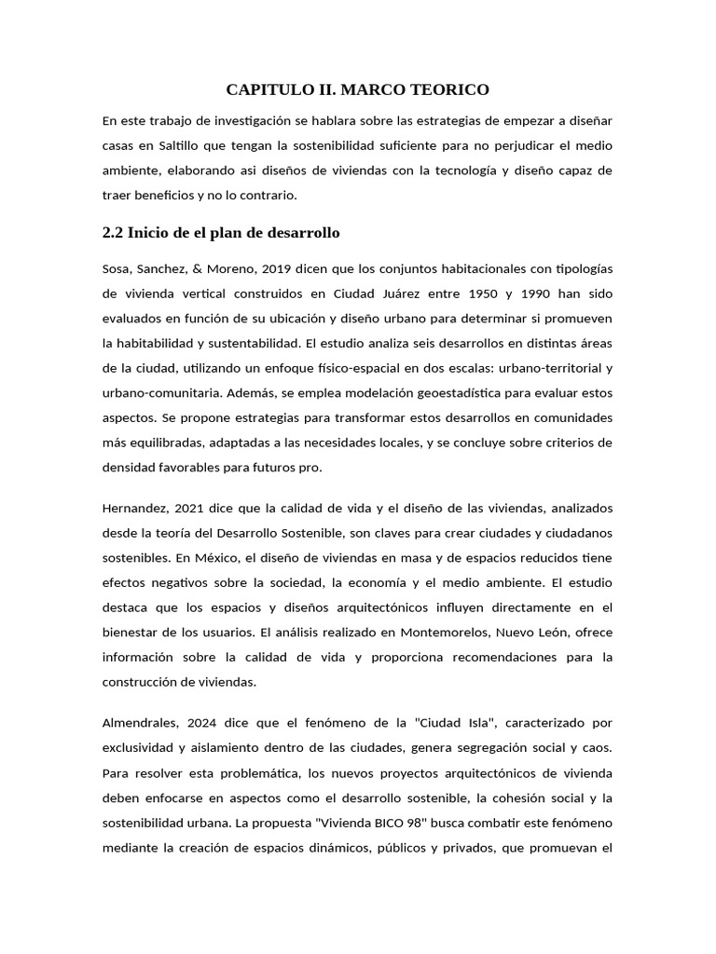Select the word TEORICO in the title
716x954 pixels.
point(450,90)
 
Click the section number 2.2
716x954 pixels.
point(112,232)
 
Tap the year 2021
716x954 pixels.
point(192,508)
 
